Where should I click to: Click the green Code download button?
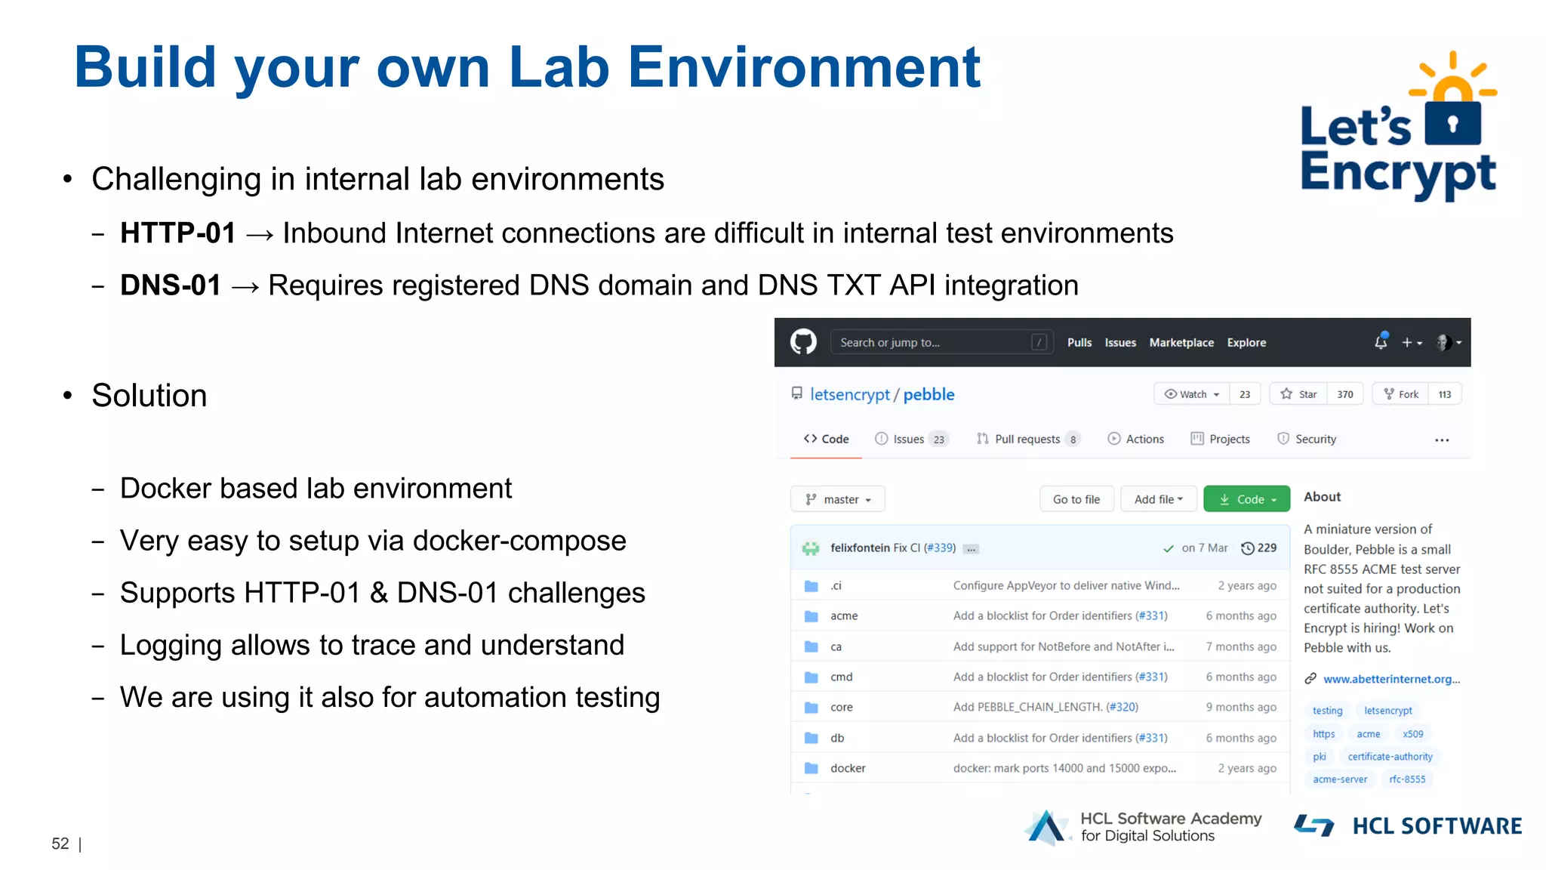coord(1246,499)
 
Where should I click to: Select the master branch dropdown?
coord(838,499)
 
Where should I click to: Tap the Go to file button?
coord(1076,499)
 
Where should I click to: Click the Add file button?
coord(1158,499)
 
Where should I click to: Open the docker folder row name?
coord(848,768)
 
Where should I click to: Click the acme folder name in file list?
coord(844,615)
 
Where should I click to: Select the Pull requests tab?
coord(1027,439)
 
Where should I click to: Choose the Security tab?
coord(1315,439)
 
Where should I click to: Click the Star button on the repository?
coord(1299,394)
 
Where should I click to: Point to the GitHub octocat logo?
coord(803,342)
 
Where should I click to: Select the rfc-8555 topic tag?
coord(1407,779)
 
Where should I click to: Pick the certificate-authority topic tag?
coord(1390,757)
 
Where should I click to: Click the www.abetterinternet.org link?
coord(1391,679)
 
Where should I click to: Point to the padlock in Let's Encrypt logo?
coord(1453,121)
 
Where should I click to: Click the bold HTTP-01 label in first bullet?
coord(178,233)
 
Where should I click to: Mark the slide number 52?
coord(60,844)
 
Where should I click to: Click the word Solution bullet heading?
coord(149,396)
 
